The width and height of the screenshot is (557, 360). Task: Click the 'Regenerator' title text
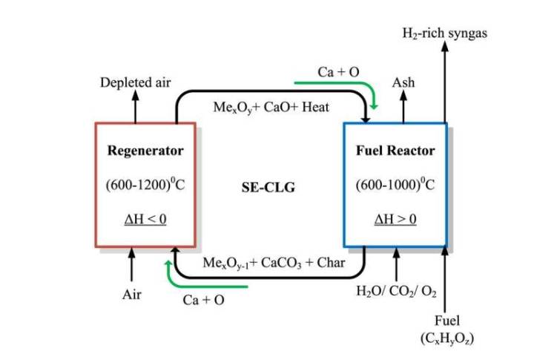[x=145, y=151]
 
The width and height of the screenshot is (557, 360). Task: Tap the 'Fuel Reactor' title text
[x=395, y=151]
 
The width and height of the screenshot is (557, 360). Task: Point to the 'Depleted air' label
[x=136, y=82]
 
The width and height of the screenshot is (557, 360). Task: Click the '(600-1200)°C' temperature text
[x=145, y=185]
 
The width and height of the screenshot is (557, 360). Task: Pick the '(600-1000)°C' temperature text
[x=395, y=185]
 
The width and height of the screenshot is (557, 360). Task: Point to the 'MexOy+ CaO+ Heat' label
[x=271, y=108]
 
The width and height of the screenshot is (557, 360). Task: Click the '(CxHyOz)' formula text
[x=446, y=338]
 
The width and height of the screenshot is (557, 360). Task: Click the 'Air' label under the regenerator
[x=132, y=295]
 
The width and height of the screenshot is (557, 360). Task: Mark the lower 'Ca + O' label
[x=204, y=300]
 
